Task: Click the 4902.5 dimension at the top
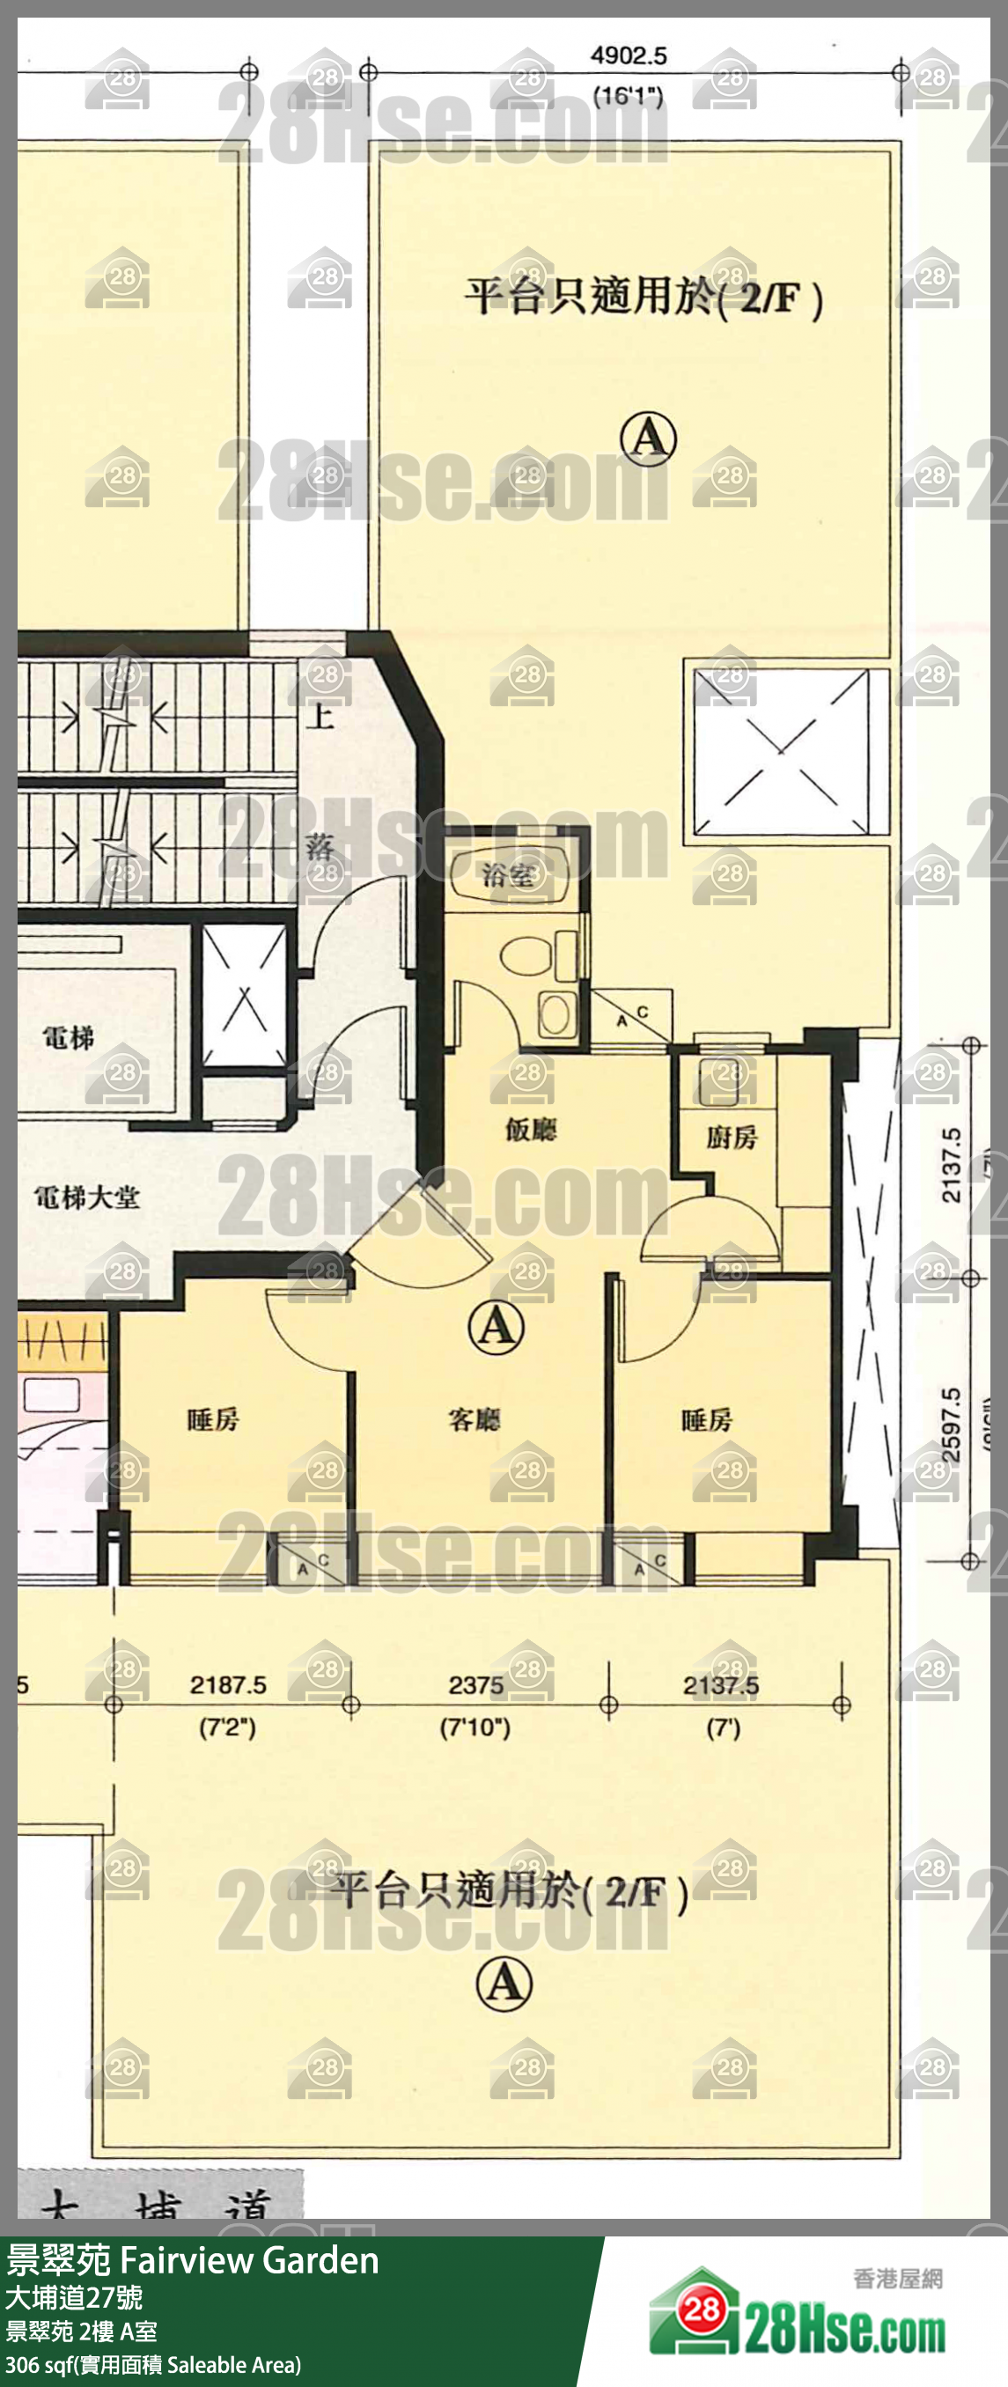click(x=629, y=55)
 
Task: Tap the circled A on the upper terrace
click(x=648, y=438)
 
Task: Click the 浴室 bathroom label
click(x=509, y=873)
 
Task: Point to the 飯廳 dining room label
click(x=531, y=1129)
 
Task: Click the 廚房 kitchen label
click(x=731, y=1137)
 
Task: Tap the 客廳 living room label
click(x=475, y=1418)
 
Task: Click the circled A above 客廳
click(x=496, y=1326)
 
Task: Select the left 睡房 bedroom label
click(x=213, y=1418)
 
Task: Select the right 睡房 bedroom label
click(x=707, y=1418)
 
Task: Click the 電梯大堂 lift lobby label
click(x=87, y=1197)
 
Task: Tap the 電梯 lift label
click(x=68, y=1037)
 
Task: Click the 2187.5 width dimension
click(x=228, y=1684)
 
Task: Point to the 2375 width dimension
click(x=475, y=1684)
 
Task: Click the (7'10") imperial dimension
click(x=475, y=1728)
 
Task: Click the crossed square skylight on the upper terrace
click(x=781, y=749)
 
